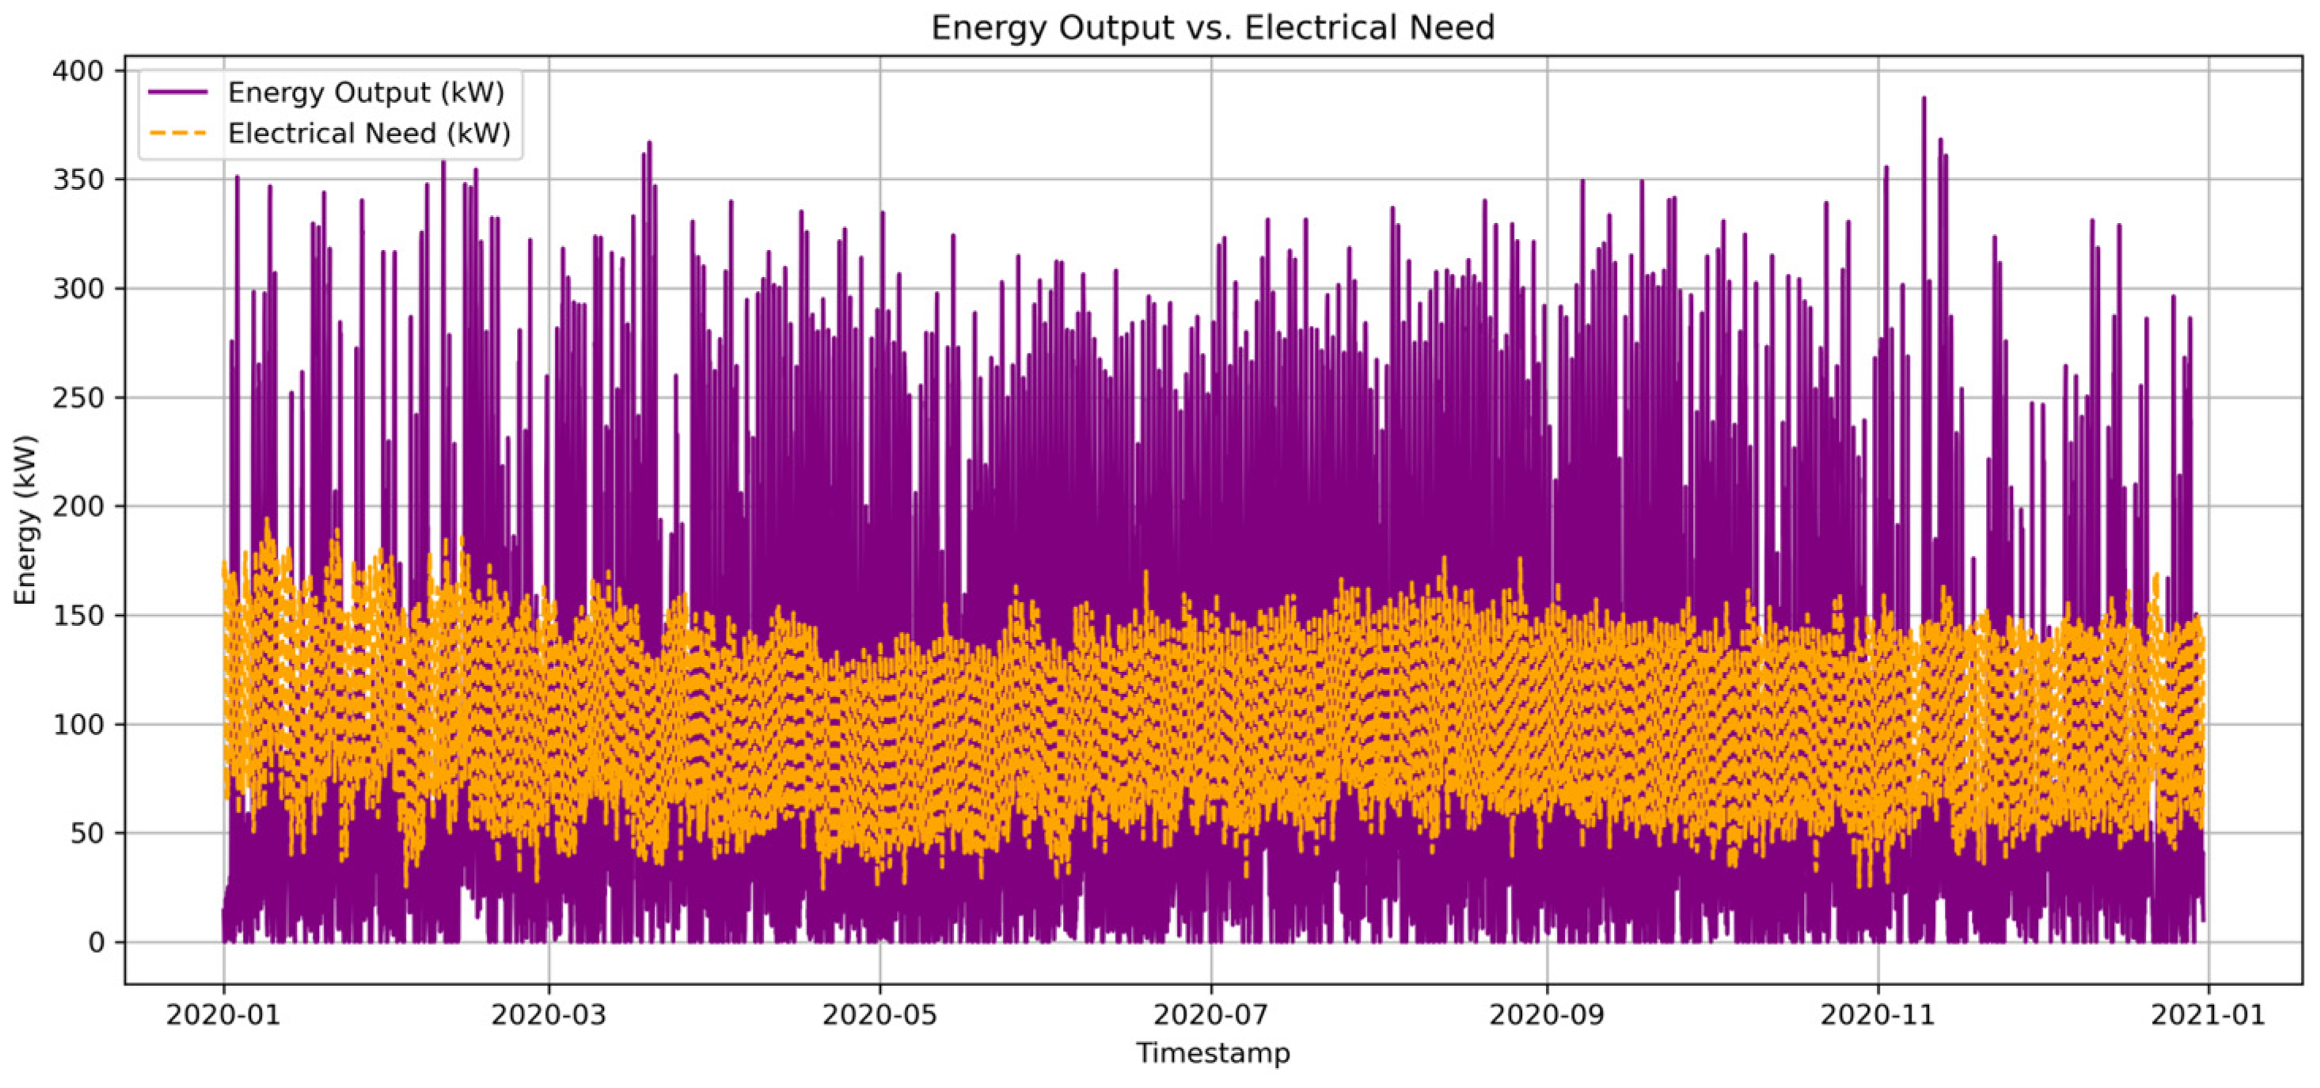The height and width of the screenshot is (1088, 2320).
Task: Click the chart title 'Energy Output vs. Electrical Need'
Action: point(1212,28)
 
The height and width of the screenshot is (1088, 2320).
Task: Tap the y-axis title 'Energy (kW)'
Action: point(25,520)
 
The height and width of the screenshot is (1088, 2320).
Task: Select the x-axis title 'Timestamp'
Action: point(1212,1052)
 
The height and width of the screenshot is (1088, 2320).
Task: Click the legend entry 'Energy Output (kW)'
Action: point(366,92)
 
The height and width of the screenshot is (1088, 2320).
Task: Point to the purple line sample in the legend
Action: point(178,92)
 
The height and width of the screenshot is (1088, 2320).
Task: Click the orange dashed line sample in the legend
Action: point(178,133)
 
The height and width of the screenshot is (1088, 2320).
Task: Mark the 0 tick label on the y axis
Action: point(96,942)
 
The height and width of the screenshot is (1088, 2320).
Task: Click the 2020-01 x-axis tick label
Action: point(223,1014)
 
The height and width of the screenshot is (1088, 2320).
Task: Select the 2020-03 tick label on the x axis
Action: point(549,1014)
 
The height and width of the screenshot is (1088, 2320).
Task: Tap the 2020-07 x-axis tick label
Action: point(1210,1014)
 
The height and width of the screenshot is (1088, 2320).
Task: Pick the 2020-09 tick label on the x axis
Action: point(1547,1014)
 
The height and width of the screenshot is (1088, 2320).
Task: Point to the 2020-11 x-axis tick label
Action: point(1878,1014)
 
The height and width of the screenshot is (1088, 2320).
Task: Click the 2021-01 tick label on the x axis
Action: point(2208,1014)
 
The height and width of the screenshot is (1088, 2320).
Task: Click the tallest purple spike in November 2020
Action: point(1923,99)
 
